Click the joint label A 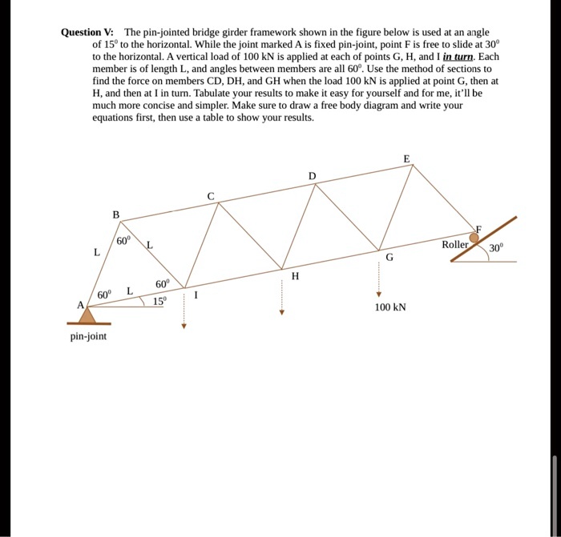coord(80,305)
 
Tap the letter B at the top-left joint coord(115,214)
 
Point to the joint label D coord(313,175)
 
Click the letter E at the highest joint coord(406,158)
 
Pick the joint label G coord(389,258)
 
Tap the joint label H coord(295,277)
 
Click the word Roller coord(455,243)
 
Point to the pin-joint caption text coord(88,336)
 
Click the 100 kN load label coord(390,307)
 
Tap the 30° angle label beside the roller coord(496,248)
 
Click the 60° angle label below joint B coord(123,241)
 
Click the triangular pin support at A coord(88,315)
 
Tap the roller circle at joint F coord(475,236)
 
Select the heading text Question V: coord(89,33)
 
